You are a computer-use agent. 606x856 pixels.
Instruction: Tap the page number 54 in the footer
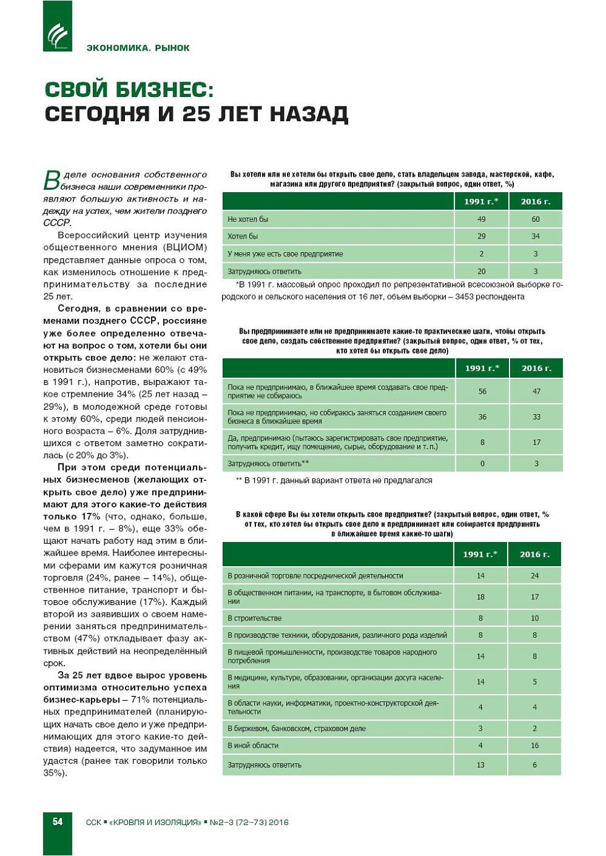58,821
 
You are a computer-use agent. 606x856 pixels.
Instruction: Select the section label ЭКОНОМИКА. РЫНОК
138,48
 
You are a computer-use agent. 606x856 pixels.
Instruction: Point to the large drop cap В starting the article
52,180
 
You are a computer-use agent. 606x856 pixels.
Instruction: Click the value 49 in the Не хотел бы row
482,219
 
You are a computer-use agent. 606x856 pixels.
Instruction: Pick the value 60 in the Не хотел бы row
536,219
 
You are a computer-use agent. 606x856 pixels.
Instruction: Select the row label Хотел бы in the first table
242,236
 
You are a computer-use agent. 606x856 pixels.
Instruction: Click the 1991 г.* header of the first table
481,201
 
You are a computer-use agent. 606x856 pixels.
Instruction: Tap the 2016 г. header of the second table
536,368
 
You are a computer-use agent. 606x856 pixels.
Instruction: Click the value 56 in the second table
482,391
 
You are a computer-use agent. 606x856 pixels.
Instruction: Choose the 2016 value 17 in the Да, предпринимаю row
536,442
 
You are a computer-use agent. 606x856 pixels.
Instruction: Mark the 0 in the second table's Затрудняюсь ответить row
482,464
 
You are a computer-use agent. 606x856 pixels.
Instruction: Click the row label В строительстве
254,618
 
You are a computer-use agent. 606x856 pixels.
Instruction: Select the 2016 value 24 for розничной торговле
535,575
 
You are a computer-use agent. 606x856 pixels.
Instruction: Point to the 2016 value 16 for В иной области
535,745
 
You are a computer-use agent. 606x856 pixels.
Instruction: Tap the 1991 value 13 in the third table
480,765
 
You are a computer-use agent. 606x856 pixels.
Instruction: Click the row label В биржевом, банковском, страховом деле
296,729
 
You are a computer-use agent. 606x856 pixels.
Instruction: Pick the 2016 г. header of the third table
535,554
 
